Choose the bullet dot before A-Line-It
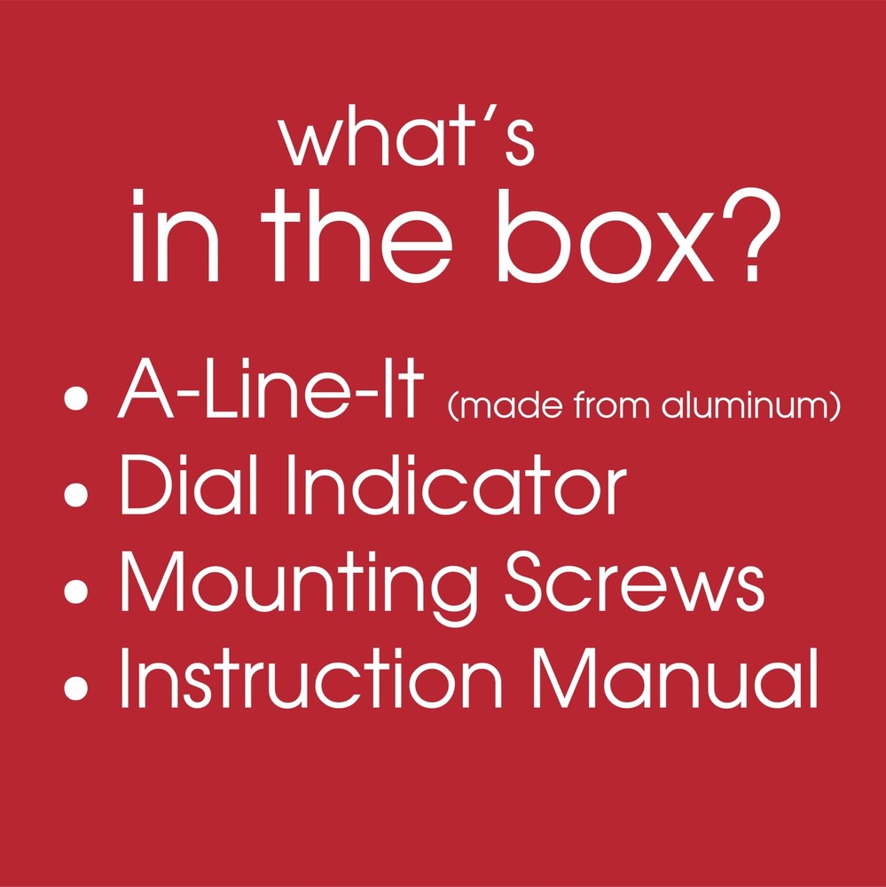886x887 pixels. [80, 400]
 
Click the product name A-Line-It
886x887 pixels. [267, 395]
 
